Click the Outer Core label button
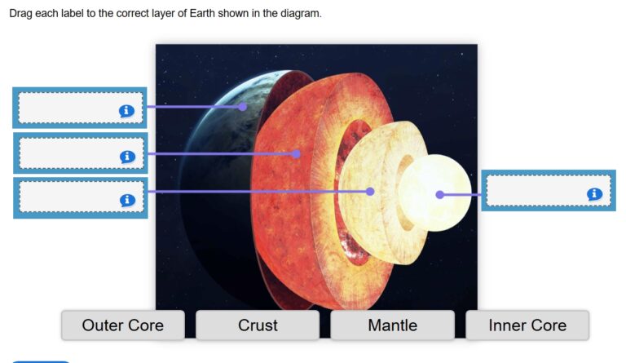[x=122, y=325]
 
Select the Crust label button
[x=258, y=325]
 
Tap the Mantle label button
[x=392, y=325]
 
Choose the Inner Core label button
[x=527, y=325]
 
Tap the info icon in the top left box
[x=126, y=110]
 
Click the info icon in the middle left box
[x=127, y=156]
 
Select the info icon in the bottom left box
[x=126, y=200]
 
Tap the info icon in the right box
[x=595, y=193]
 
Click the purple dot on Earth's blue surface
[x=243, y=106]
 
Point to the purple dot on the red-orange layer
[x=297, y=153]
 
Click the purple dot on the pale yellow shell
[x=370, y=192]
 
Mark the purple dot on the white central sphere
[x=440, y=194]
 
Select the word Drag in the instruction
[x=22, y=15]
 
